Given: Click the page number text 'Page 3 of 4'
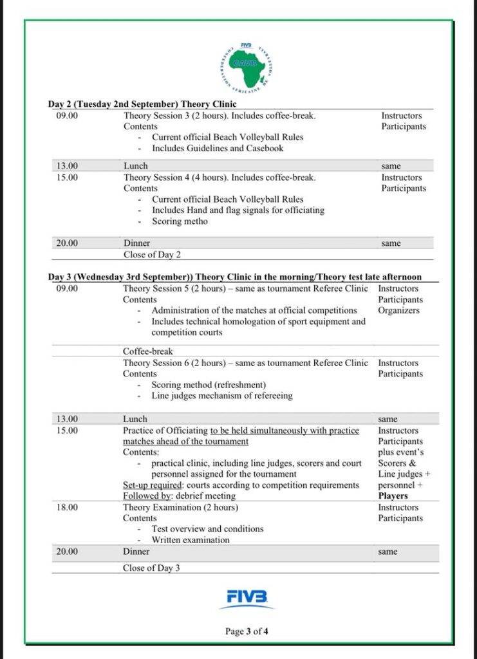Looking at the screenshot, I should click(247, 631).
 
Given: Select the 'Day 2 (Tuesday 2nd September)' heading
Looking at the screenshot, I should click(142, 104).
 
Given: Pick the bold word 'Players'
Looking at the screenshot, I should click(393, 496).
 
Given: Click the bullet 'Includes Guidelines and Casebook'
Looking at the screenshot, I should click(218, 148).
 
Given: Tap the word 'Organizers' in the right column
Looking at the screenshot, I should click(398, 310).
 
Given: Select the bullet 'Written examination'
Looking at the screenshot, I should click(191, 540).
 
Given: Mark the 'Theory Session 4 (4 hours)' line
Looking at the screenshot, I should click(220, 178).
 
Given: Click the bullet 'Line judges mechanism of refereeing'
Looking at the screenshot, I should click(222, 396).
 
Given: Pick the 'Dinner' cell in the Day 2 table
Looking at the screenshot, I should click(136, 243).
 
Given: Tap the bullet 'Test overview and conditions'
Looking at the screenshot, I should click(207, 529).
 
